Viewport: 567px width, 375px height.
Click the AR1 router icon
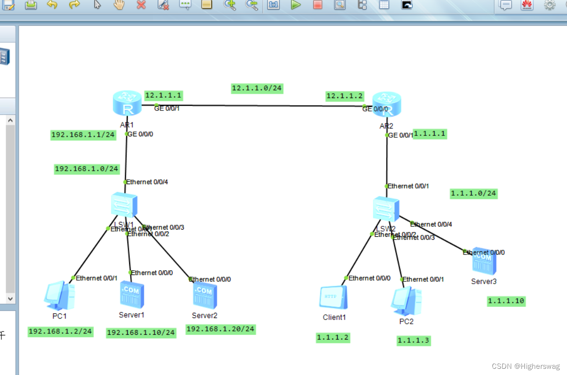tap(127, 103)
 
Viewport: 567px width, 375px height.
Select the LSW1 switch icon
tap(124, 206)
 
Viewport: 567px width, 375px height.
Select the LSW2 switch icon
tap(386, 209)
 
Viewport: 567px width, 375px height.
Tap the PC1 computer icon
tap(59, 297)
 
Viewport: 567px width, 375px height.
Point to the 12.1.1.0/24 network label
tap(257, 88)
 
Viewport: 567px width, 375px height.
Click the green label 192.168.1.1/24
tap(84, 135)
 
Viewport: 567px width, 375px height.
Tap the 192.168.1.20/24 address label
tap(221, 329)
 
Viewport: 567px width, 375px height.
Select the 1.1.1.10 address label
tap(506, 301)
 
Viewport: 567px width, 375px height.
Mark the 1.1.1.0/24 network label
tap(474, 194)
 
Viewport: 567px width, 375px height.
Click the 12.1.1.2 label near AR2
tap(345, 96)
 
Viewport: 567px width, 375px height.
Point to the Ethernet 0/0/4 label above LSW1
tap(147, 182)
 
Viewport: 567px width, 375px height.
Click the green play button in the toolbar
tap(296, 5)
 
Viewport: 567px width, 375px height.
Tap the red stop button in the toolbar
tap(318, 5)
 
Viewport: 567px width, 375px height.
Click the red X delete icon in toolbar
tap(141, 5)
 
